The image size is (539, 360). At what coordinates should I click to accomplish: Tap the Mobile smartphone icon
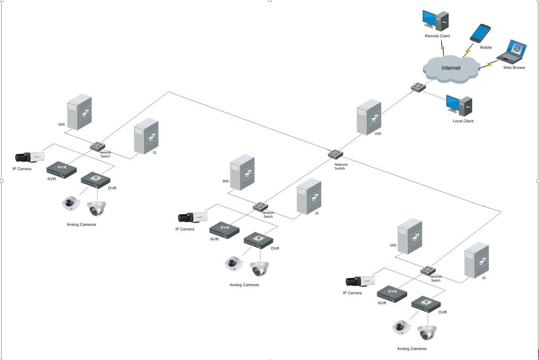tap(480, 33)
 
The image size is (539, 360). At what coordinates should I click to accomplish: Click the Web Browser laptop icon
tap(512, 52)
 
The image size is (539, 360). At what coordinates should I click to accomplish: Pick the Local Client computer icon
tap(459, 105)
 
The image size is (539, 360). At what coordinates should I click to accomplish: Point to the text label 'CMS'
tap(378, 134)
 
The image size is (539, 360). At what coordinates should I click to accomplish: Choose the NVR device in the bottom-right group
tap(392, 292)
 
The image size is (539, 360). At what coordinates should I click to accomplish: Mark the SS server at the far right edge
tap(476, 260)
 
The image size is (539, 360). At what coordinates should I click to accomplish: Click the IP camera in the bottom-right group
tap(361, 281)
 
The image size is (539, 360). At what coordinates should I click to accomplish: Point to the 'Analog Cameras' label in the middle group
tap(244, 285)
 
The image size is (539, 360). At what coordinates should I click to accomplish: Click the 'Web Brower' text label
tap(514, 68)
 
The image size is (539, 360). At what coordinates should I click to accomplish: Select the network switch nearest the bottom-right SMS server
tap(428, 270)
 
